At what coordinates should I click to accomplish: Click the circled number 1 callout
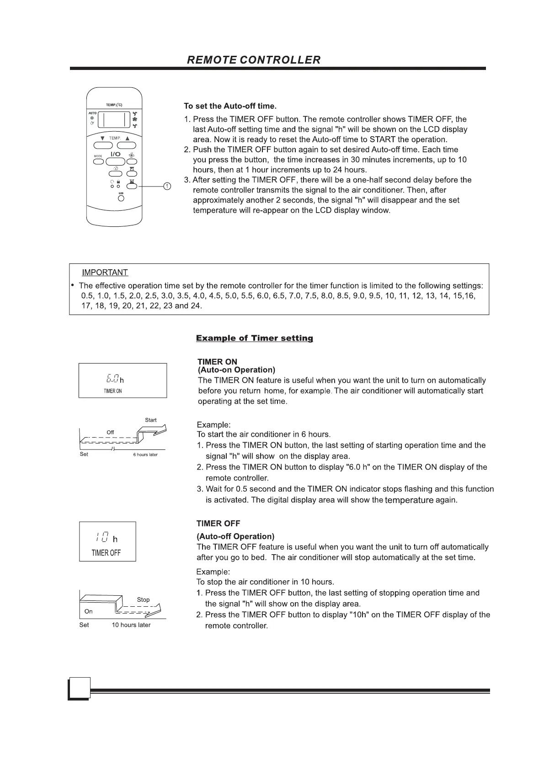click(167, 186)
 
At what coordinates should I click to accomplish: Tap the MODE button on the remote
click(98, 161)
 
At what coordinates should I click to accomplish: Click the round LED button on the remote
click(121, 198)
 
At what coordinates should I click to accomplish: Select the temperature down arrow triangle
click(102, 138)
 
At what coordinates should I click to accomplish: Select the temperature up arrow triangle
click(128, 138)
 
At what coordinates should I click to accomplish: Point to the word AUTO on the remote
click(92, 112)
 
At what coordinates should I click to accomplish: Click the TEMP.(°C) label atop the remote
click(114, 105)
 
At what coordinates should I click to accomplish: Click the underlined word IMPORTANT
click(105, 273)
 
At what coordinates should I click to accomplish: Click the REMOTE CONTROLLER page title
click(254, 60)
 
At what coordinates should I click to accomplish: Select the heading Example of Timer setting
click(254, 338)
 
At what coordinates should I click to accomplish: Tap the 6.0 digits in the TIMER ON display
click(112, 379)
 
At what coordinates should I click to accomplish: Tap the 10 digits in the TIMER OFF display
click(102, 538)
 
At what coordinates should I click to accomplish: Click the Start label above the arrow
click(150, 420)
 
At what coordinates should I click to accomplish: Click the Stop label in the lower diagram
click(143, 599)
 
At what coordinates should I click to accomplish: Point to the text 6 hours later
click(145, 455)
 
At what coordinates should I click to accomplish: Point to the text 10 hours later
click(131, 625)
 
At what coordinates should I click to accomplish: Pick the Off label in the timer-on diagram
click(110, 432)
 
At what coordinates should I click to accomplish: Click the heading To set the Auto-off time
click(230, 107)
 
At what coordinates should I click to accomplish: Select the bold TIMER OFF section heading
click(218, 524)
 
